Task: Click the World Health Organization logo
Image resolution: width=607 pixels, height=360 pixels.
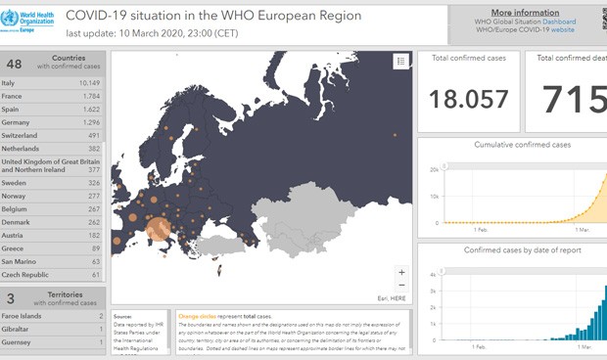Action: (29, 19)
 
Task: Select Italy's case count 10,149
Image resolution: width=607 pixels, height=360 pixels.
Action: (90, 82)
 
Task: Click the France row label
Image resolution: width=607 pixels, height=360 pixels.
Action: (14, 96)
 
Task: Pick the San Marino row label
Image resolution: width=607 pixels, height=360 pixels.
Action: (23, 262)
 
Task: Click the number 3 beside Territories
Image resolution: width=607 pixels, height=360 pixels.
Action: (11, 297)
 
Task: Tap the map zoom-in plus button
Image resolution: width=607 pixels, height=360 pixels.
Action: (400, 272)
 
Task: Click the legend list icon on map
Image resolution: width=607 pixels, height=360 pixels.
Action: (400, 62)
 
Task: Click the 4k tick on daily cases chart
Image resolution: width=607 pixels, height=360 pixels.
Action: (435, 276)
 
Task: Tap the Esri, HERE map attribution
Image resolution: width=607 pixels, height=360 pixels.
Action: (391, 296)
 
